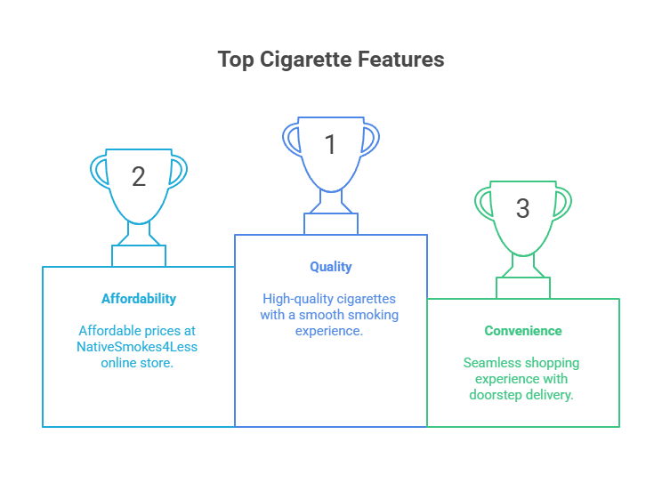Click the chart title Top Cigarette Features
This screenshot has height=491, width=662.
tap(331, 60)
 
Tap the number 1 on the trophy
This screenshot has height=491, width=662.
tap(330, 145)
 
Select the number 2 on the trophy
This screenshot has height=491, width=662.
tap(139, 177)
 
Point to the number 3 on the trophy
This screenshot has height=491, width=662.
tap(522, 209)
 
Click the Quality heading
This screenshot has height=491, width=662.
tap(331, 267)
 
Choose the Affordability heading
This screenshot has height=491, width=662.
tap(138, 299)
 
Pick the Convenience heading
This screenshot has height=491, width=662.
tap(522, 331)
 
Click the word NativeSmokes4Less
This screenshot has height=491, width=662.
tap(137, 347)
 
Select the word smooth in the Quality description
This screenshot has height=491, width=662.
tap(351, 315)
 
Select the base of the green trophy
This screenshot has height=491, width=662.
tap(522, 287)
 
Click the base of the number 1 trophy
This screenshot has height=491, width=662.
tap(331, 223)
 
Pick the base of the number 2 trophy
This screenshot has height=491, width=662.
tap(139, 255)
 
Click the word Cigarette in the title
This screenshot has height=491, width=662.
tap(304, 60)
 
